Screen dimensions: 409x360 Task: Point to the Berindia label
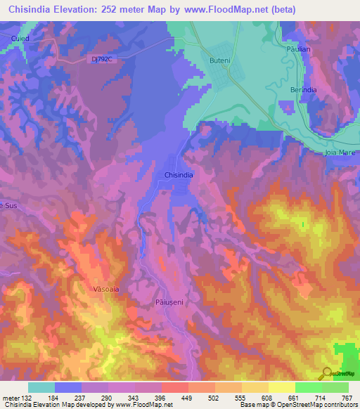(x=304, y=90)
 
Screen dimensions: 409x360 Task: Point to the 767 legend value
(x=346, y=398)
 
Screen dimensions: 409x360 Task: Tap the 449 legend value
(x=187, y=398)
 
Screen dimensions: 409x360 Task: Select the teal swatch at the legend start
(x=41, y=387)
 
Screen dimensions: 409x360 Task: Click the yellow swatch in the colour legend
(x=281, y=387)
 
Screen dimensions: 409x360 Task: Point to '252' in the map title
(x=113, y=10)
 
